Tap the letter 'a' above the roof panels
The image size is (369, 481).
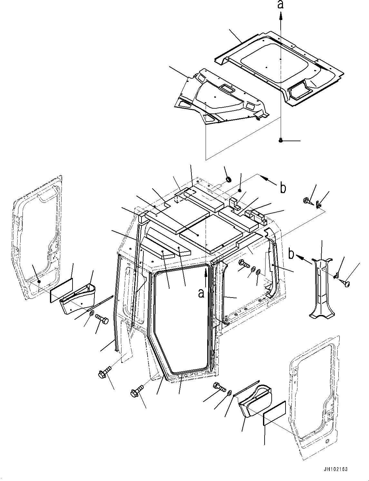pyautogui.click(x=281, y=5)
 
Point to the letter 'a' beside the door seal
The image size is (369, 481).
pyautogui.click(x=201, y=293)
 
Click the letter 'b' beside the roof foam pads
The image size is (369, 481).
pyautogui.click(x=283, y=188)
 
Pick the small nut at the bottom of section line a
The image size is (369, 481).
pyautogui.click(x=281, y=140)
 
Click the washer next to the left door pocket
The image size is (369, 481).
pyautogui.click(x=91, y=313)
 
